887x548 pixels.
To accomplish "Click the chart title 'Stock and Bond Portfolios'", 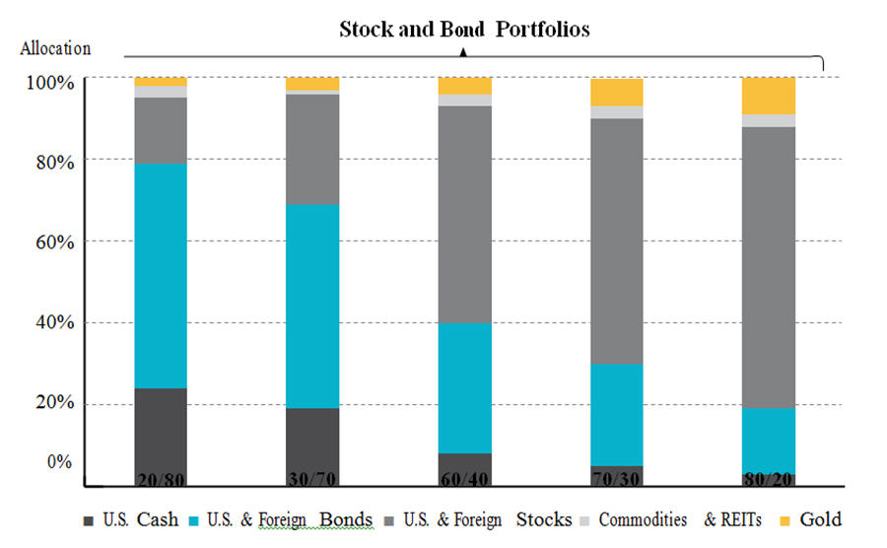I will click(464, 29).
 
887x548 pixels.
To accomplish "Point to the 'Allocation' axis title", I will click(54, 47).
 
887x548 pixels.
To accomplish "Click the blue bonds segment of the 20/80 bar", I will click(161, 275).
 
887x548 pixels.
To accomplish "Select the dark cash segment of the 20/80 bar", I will click(161, 429).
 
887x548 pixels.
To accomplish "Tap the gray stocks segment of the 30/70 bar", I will click(312, 149).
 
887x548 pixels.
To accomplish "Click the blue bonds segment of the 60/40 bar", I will click(465, 387).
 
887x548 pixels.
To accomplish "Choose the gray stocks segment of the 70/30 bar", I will click(617, 240).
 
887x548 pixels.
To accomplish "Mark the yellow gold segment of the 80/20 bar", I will click(769, 96).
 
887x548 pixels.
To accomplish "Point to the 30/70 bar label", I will click(312, 480).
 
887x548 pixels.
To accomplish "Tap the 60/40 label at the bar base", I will click(465, 480).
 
